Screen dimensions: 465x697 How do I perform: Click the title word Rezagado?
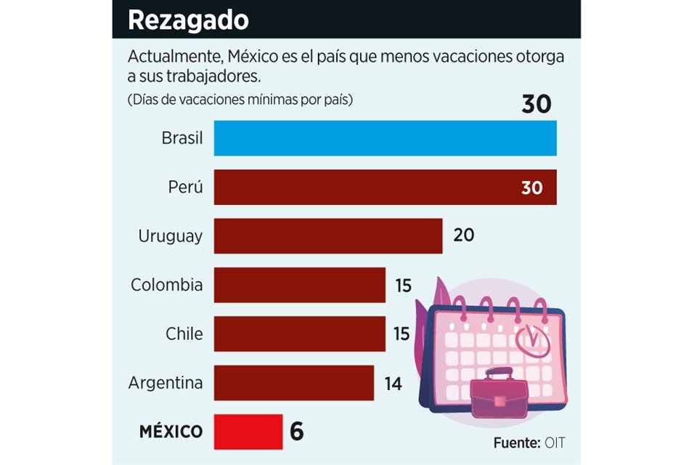pos(188,20)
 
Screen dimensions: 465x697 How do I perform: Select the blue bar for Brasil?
pos(385,138)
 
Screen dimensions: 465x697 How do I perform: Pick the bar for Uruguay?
pos(328,236)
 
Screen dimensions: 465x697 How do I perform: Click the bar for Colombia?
pos(299,285)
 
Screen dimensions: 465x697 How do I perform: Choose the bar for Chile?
pos(299,333)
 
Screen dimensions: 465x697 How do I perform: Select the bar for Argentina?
pos(293,382)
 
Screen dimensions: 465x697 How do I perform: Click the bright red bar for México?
pos(248,432)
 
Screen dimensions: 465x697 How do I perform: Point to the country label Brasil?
pos(182,138)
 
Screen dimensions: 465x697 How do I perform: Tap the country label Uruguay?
pos(170,236)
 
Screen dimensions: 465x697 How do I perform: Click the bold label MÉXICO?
pos(171,432)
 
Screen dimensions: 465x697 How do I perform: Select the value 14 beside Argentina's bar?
pos(393,383)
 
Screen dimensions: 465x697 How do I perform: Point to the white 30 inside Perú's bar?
pos(531,187)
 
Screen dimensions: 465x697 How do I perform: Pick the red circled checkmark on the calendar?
pos(531,336)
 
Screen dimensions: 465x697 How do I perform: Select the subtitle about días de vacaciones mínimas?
pos(240,100)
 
